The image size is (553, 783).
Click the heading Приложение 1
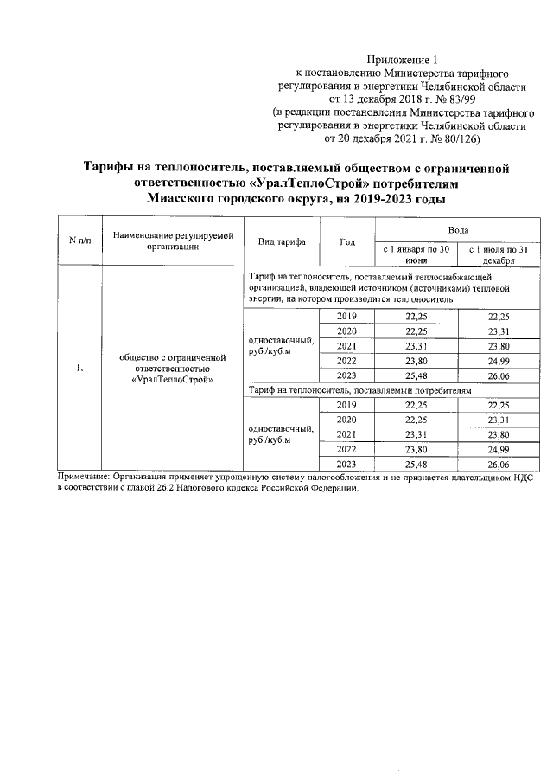403,60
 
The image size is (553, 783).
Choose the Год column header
346,241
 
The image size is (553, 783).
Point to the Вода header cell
458,230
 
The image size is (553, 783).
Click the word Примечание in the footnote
83,478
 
